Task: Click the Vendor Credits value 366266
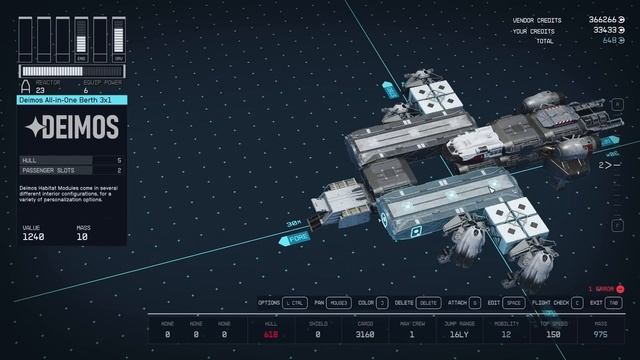tap(602, 20)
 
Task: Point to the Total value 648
tap(607, 41)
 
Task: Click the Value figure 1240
tap(32, 238)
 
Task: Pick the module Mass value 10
tap(83, 238)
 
